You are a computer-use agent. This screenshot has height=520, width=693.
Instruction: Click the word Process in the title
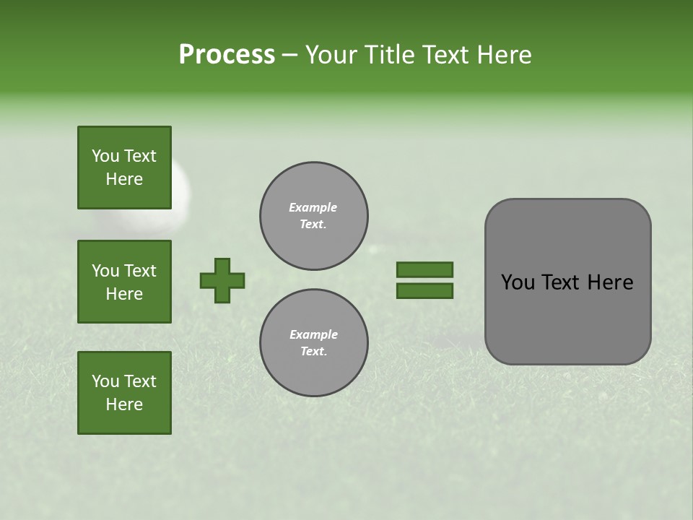pos(227,54)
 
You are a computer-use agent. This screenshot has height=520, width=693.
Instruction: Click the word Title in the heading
pos(390,54)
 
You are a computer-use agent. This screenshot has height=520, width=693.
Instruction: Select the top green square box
pos(124,168)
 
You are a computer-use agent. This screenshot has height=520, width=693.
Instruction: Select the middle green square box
pos(124,282)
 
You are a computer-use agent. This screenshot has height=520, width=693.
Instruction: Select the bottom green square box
pos(124,392)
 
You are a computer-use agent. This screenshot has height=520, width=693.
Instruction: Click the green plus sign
pos(222,280)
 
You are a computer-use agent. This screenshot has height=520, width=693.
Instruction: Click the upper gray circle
pos(313,215)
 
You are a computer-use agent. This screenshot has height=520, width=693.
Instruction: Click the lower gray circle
pos(313,342)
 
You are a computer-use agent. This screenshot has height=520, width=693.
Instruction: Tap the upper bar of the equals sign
pos(424,269)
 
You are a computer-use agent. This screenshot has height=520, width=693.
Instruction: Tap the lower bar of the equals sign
pos(424,291)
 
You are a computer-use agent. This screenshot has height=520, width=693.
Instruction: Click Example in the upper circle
pos(313,207)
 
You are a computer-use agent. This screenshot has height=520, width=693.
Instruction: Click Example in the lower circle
pos(313,334)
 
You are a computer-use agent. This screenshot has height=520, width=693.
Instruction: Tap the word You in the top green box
pos(105,156)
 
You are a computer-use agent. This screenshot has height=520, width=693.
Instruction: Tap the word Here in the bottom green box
pos(124,404)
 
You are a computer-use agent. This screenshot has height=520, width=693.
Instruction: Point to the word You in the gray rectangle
pos(518,282)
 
